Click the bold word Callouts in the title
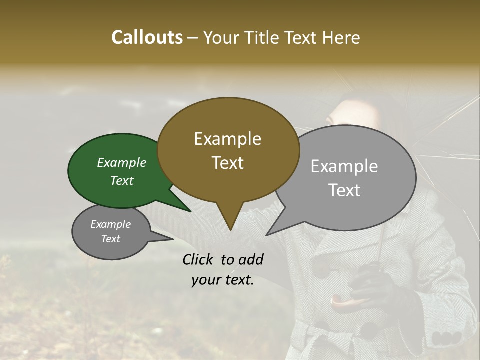(147, 37)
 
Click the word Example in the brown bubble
(227, 139)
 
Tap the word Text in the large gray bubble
(345, 190)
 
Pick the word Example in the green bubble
(121, 163)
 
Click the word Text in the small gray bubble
(111, 239)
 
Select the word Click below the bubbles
(199, 259)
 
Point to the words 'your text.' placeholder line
(223, 280)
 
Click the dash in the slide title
(193, 38)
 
